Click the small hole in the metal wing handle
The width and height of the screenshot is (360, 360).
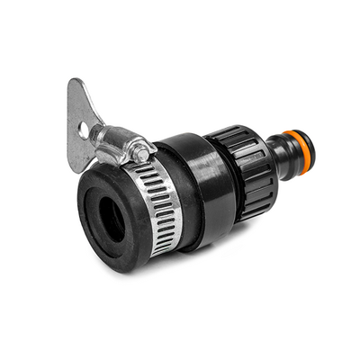coord(83,129)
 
